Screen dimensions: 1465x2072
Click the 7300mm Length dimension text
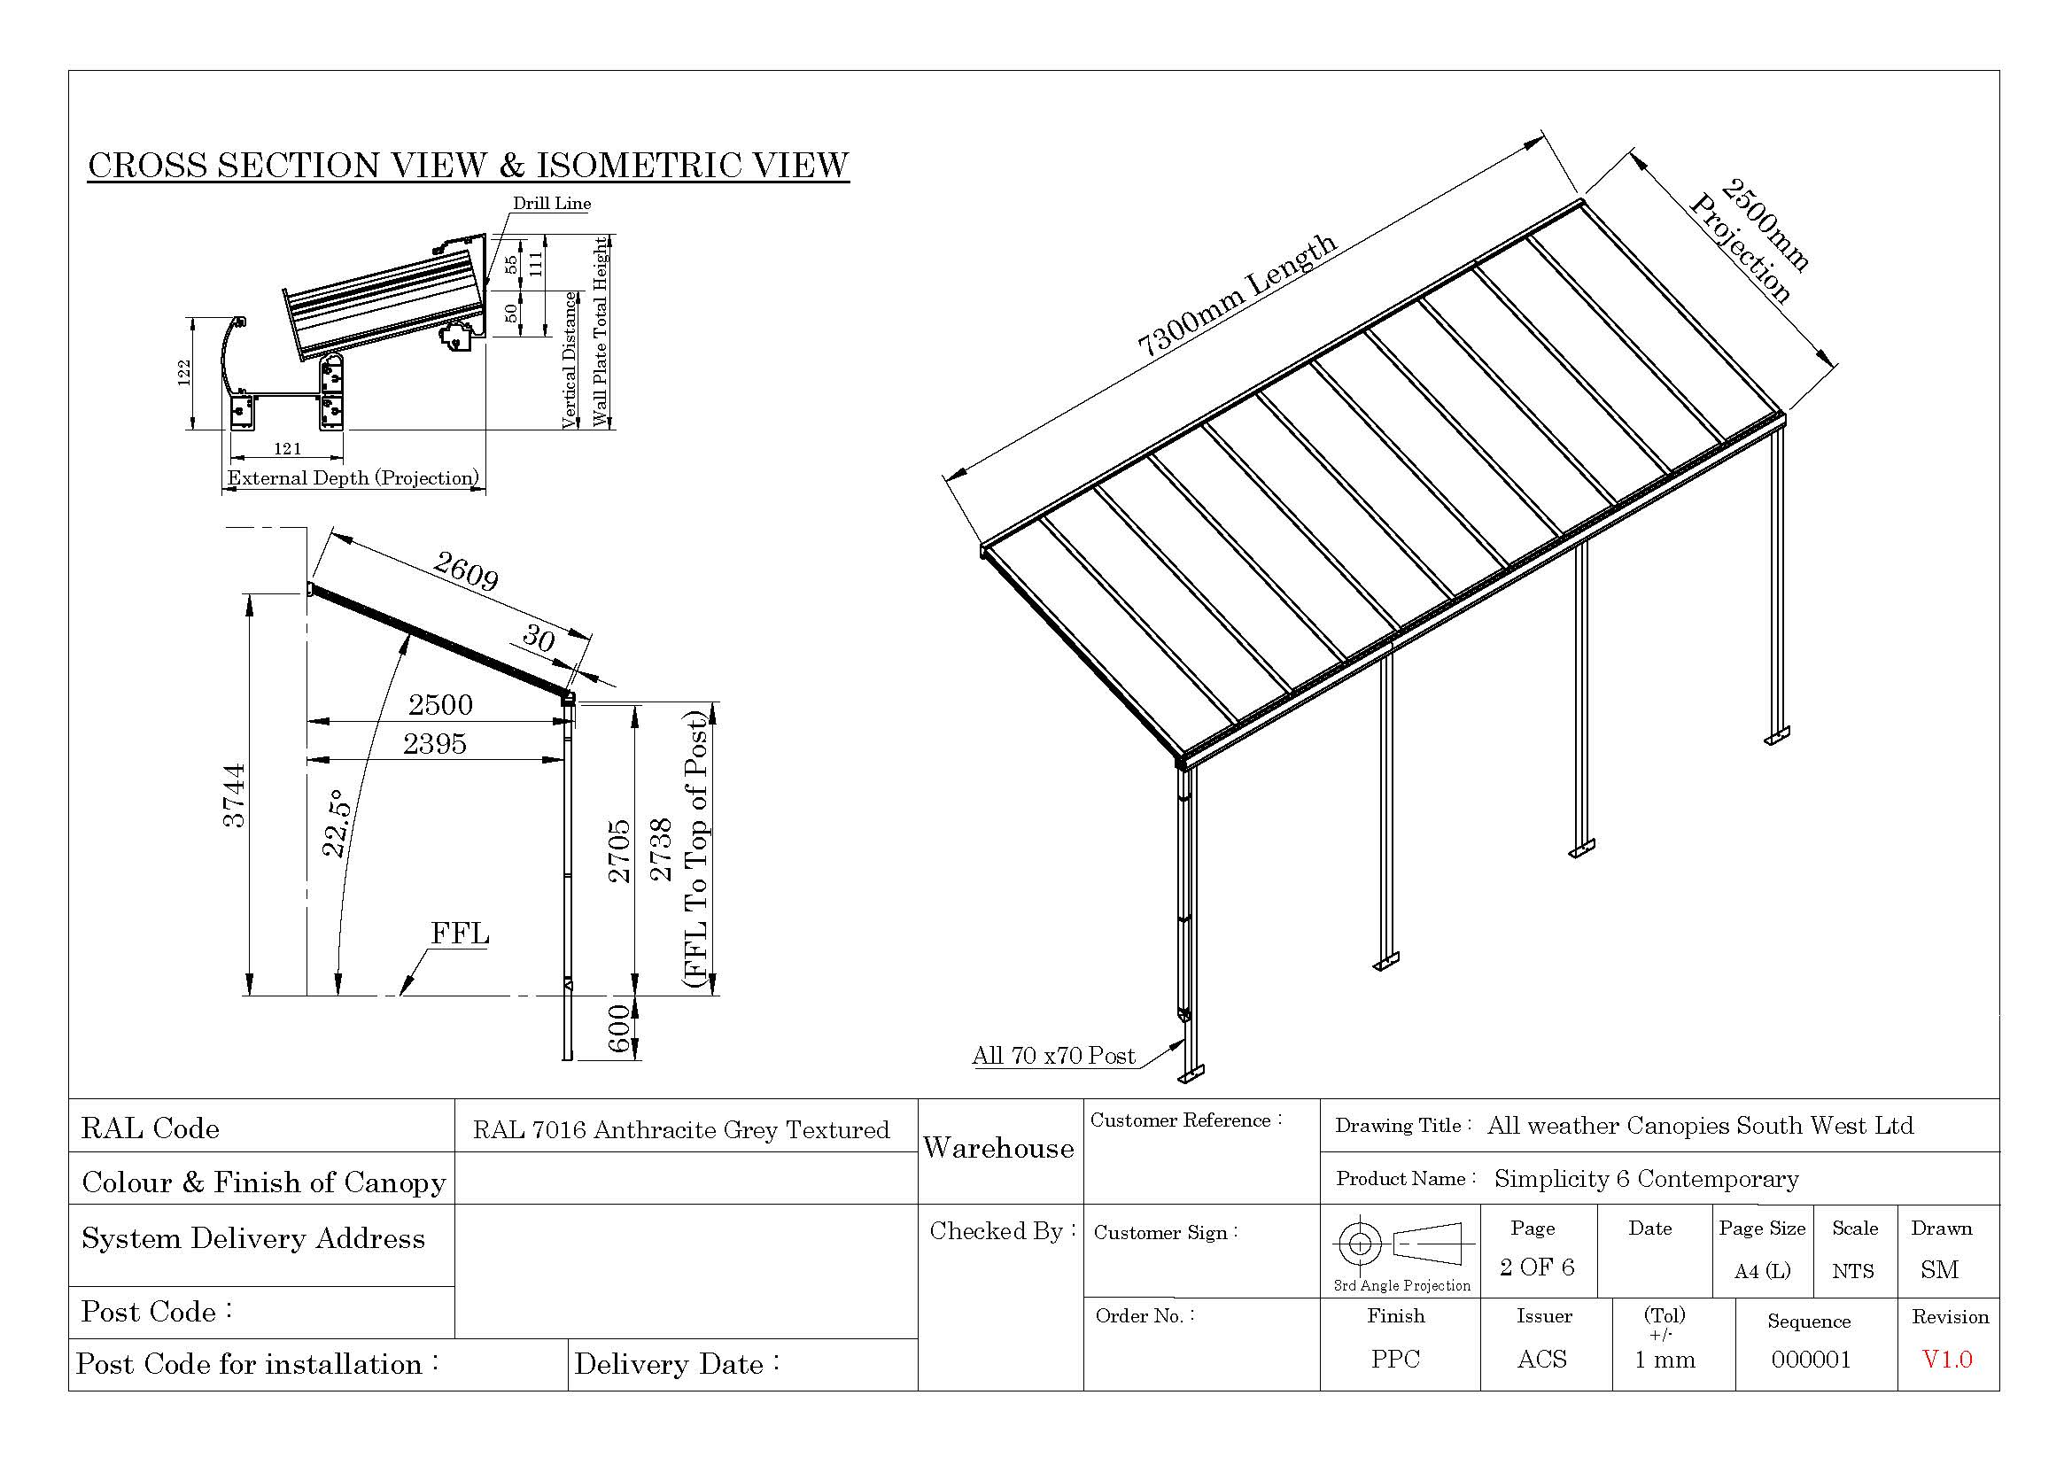pyautogui.click(x=1237, y=295)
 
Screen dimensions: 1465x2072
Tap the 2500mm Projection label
pyautogui.click(x=1751, y=240)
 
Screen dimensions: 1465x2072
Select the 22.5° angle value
pyautogui.click(x=336, y=824)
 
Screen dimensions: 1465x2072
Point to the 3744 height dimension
pyautogui.click(x=234, y=795)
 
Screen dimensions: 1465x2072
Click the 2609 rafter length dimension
pyautogui.click(x=465, y=570)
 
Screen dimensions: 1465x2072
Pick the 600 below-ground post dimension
pyautogui.click(x=619, y=1028)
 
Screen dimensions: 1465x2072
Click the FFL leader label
pyautogui.click(x=460, y=933)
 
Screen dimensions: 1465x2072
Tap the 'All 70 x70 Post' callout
pyautogui.click(x=1053, y=1056)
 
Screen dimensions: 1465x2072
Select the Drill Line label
pyautogui.click(x=551, y=204)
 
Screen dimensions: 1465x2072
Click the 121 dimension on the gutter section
pyautogui.click(x=287, y=448)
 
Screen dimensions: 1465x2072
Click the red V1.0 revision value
pyautogui.click(x=1946, y=1360)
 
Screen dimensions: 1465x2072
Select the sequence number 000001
pyautogui.click(x=1811, y=1360)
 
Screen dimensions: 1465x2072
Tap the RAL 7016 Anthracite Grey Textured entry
pyautogui.click(x=681, y=1129)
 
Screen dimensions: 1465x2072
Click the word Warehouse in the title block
pyautogui.click(x=998, y=1149)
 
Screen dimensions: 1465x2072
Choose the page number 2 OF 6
pyautogui.click(x=1537, y=1267)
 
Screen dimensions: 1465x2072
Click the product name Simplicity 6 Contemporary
pyautogui.click(x=1646, y=1179)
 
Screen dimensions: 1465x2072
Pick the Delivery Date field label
pyautogui.click(x=677, y=1364)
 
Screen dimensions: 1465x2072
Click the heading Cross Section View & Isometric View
pyautogui.click(x=468, y=165)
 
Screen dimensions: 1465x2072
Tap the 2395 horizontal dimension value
pyautogui.click(x=434, y=744)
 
